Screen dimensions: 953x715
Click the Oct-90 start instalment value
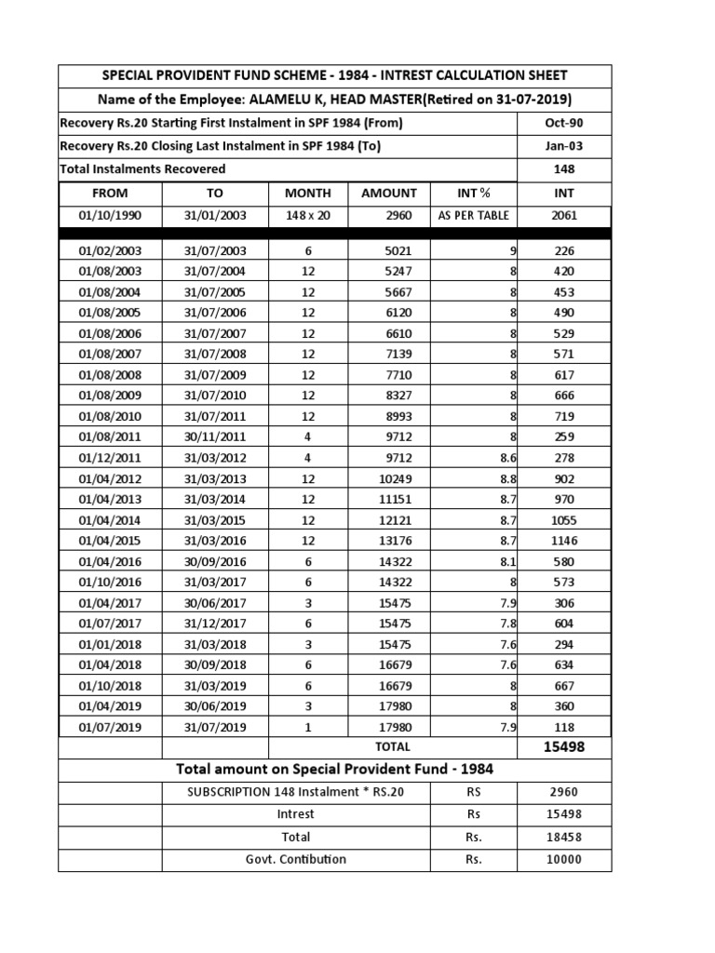[x=564, y=124]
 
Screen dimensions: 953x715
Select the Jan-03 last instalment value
[x=564, y=146]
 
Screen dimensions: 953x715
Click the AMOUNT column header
[x=389, y=194]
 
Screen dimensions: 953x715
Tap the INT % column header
[x=474, y=194]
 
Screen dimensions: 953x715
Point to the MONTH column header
[x=308, y=194]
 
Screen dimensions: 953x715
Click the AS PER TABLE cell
[x=474, y=216]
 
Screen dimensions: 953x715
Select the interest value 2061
[x=564, y=216]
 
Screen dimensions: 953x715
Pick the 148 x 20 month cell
[x=308, y=216]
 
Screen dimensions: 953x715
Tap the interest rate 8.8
[x=508, y=478]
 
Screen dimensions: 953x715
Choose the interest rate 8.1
[x=508, y=562]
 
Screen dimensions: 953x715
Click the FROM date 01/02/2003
[x=110, y=250]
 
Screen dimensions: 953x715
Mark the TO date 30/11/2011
[x=215, y=436]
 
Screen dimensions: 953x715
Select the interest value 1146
[x=564, y=541]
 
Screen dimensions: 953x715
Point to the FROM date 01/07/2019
[x=110, y=728]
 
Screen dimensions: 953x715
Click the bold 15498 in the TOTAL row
[x=564, y=747]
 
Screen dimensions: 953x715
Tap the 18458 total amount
[x=564, y=838]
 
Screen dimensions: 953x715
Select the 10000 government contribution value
[x=564, y=859]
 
